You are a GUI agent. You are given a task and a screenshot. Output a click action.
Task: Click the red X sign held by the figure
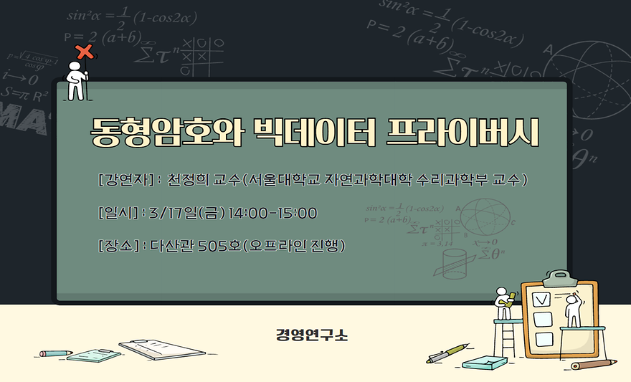coord(85,52)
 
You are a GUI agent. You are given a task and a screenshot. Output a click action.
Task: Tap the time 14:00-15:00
coord(272,213)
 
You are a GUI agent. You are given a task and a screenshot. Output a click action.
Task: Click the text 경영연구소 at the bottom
coord(312,335)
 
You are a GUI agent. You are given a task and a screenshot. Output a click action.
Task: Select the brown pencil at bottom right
coord(595,364)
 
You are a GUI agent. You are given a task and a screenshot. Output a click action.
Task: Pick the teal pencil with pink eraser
coord(56,353)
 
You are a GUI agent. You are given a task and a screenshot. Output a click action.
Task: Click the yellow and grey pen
coord(447,353)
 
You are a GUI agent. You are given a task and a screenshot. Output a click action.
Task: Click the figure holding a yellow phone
coord(505,302)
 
